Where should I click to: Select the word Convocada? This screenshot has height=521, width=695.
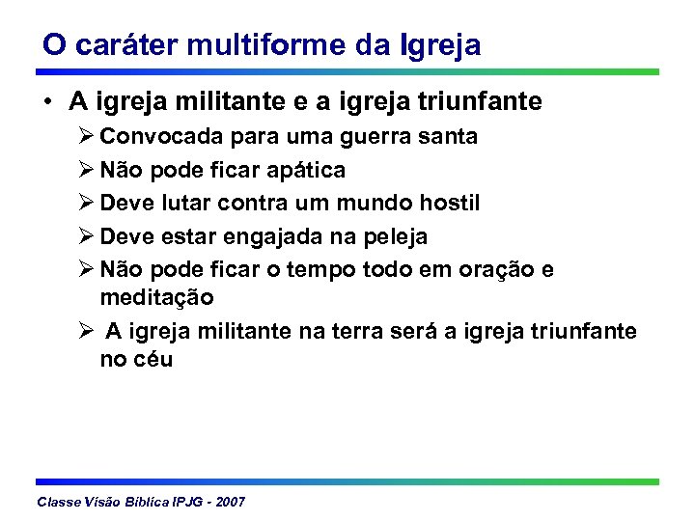(156, 137)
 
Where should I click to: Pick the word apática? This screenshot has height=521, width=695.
(305, 171)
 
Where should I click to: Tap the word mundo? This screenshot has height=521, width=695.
(374, 204)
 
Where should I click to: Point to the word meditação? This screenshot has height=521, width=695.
(156, 298)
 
